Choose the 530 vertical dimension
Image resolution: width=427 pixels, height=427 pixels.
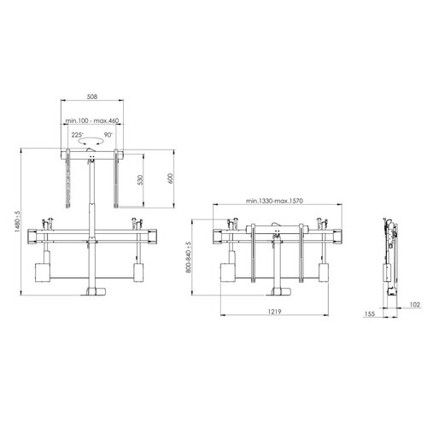click(140, 180)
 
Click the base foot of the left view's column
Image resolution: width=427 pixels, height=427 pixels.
click(91, 293)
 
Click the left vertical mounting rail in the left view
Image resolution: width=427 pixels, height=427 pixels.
click(66, 184)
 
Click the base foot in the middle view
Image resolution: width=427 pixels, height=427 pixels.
click(275, 293)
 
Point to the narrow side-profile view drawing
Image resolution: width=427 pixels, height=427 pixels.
click(389, 252)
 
